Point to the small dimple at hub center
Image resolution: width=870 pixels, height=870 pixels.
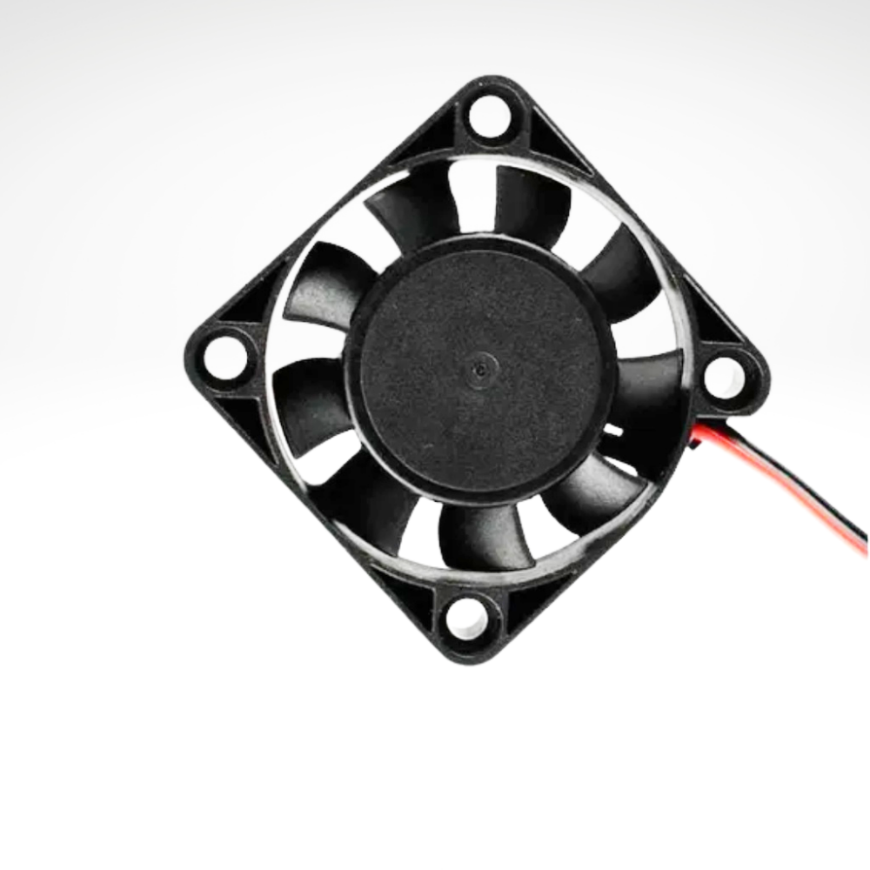[x=478, y=369]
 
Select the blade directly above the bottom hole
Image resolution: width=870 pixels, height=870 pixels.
[x=474, y=535]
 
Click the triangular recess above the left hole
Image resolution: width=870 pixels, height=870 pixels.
[x=248, y=300]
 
